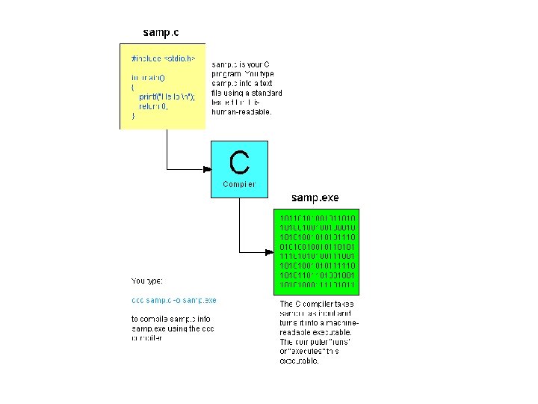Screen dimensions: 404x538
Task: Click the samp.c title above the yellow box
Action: pyautogui.click(x=161, y=33)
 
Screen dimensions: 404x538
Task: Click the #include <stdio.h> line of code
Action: pyautogui.click(x=163, y=58)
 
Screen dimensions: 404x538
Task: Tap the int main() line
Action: pyautogui.click(x=150, y=77)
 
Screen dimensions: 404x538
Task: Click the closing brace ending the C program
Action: pyautogui.click(x=133, y=116)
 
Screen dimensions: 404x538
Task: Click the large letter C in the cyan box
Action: pyautogui.click(x=239, y=162)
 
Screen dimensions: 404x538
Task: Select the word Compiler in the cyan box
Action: pyautogui.click(x=239, y=184)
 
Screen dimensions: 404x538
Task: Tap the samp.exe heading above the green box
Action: pyautogui.click(x=315, y=198)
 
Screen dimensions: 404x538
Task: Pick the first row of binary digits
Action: pyautogui.click(x=318, y=218)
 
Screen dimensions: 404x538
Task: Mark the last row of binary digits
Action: pyautogui.click(x=318, y=285)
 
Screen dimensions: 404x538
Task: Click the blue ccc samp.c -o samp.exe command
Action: pyautogui.click(x=173, y=300)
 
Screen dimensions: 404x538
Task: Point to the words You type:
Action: pyautogui.click(x=147, y=281)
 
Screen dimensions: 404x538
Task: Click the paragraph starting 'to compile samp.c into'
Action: pyautogui.click(x=171, y=328)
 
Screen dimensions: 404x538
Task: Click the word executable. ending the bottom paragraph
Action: pyautogui.click(x=299, y=361)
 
